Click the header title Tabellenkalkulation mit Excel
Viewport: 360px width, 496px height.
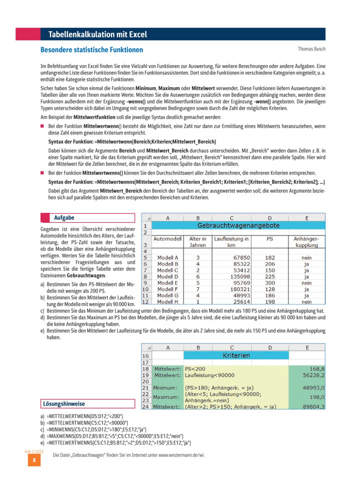click(97, 34)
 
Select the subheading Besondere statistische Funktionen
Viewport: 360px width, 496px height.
click(91, 50)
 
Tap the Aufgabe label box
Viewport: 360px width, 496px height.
click(87, 217)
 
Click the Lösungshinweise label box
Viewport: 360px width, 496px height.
click(87, 403)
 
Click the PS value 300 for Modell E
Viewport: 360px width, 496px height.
click(269, 282)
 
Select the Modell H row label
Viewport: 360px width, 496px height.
click(168, 302)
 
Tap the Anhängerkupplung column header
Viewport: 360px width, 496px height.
click(306, 242)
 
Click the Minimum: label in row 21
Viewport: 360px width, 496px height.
click(166, 387)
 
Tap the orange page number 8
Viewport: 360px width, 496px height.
click(33, 460)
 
